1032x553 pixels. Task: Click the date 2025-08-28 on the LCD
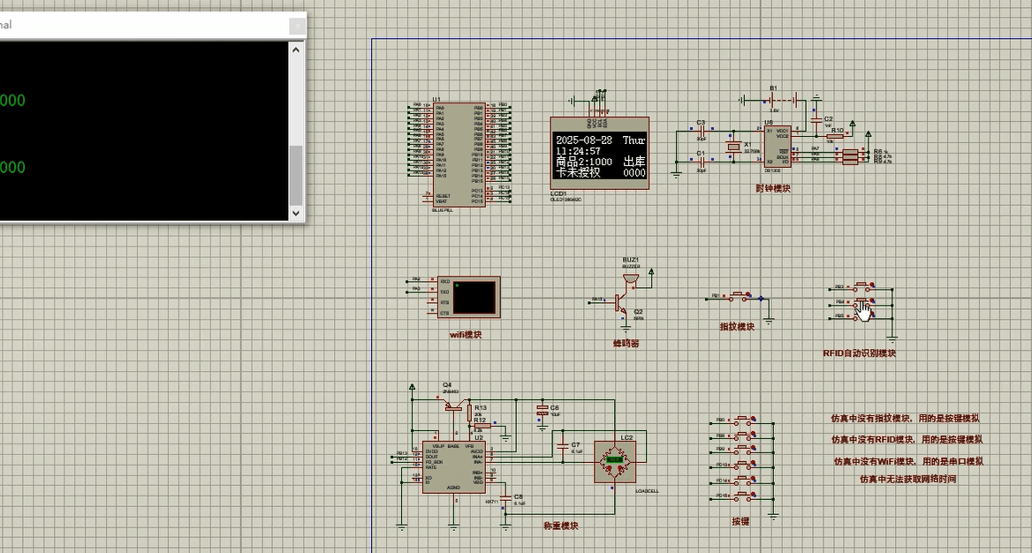pos(584,140)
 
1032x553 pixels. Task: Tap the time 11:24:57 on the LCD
pos(578,151)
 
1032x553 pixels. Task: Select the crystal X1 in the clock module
pos(732,147)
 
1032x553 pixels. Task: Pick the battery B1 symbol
pos(775,99)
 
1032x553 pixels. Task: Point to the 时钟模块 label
pos(773,188)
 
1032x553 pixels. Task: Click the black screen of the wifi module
pos(474,297)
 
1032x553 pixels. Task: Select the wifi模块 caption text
pos(466,335)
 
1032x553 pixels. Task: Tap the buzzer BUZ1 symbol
pos(630,279)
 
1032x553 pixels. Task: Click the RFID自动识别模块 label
pos(859,353)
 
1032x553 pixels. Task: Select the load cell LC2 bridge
pos(614,460)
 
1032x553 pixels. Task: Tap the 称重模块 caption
pos(561,526)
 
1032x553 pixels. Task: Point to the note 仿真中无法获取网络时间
pos(907,479)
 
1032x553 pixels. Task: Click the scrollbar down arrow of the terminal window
pos(296,213)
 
